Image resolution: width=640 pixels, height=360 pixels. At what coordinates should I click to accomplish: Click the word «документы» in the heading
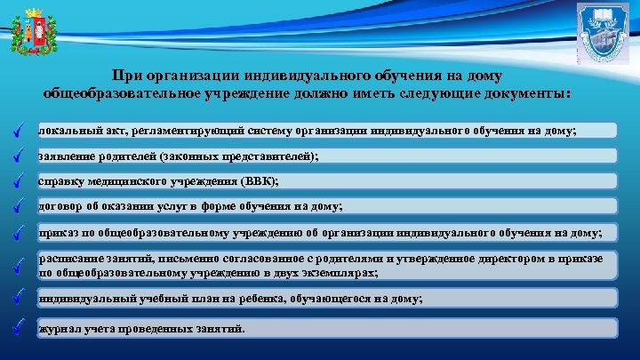coord(525,93)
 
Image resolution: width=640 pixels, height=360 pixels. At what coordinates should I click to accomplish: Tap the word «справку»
coord(61,181)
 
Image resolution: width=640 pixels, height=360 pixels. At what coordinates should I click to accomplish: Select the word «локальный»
coord(66,131)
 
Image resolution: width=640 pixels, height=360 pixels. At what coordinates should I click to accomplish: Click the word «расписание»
coord(70,258)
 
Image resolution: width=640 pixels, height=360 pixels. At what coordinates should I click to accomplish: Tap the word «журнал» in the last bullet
coord(58,329)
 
